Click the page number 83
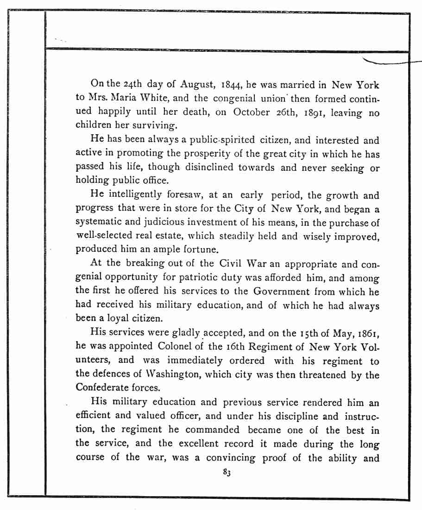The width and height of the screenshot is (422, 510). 227,473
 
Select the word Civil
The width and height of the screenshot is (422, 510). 231,263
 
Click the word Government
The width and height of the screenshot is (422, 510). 282,292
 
